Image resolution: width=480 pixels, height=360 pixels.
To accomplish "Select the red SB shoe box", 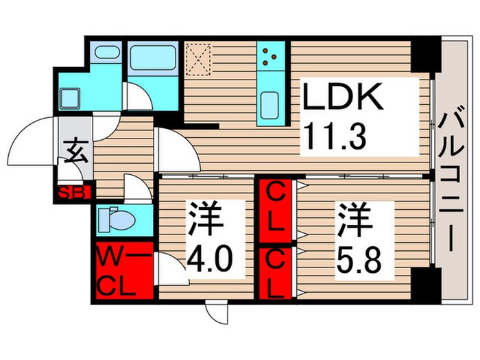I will tap(72, 193).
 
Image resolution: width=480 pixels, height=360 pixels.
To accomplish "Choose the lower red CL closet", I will tap(276, 274).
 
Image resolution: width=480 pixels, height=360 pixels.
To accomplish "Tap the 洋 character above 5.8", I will tap(355, 221).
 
